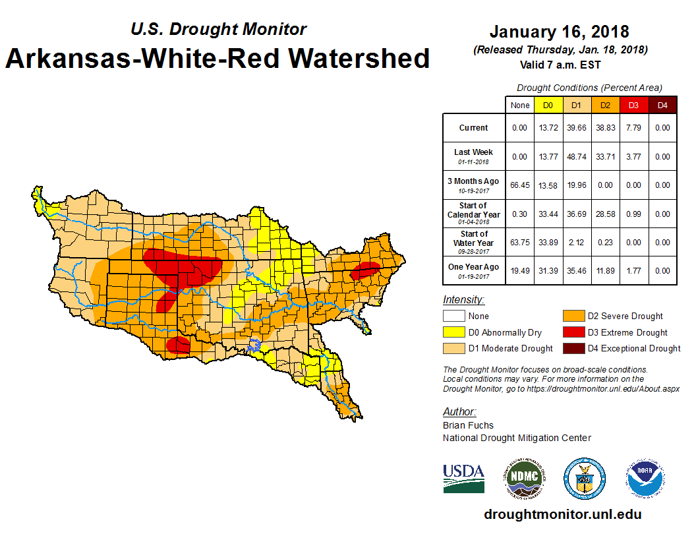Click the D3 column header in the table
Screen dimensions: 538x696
(633, 105)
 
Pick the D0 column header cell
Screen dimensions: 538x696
(548, 105)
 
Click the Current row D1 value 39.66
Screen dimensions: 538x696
(576, 128)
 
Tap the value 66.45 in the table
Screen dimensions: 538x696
(520, 185)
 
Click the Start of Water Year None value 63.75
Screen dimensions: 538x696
(520, 243)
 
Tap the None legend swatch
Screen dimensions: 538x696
(453, 316)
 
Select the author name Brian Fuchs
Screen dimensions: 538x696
(468, 425)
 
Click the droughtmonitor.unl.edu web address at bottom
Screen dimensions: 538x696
(562, 514)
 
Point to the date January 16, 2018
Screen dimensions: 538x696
(559, 32)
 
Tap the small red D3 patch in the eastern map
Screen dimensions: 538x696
(364, 270)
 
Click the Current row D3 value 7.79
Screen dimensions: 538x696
(633, 128)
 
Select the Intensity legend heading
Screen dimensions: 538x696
(463, 299)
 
